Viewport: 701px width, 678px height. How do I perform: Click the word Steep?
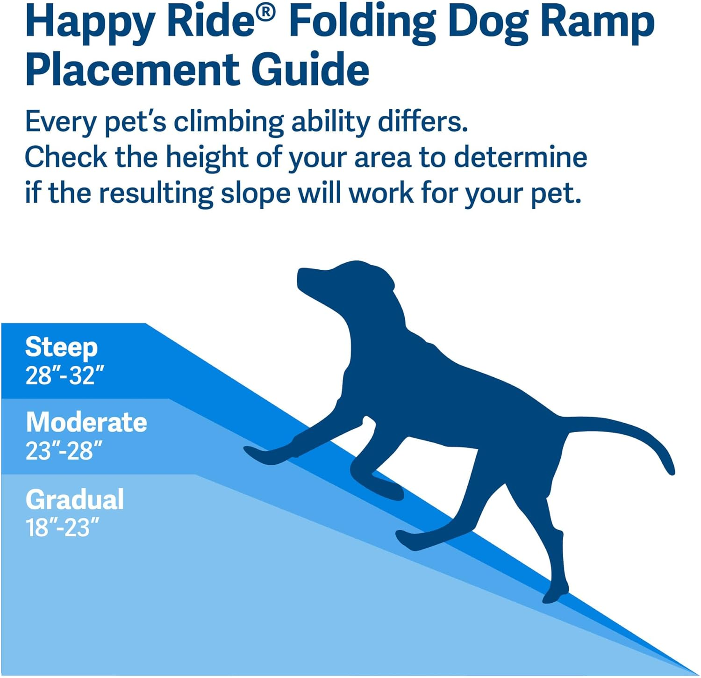click(x=61, y=347)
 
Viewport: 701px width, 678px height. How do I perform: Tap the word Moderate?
click(x=86, y=422)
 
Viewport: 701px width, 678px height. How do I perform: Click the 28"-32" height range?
click(x=64, y=375)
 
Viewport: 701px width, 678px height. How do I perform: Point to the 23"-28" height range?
click(x=64, y=451)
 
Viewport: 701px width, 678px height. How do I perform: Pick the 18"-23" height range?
click(x=63, y=527)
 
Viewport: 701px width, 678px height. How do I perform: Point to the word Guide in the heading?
click(x=310, y=70)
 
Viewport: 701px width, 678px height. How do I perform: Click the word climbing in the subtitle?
click(x=229, y=123)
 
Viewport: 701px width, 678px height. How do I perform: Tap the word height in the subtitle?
click(x=207, y=158)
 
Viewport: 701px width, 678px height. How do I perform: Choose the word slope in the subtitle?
click(x=255, y=193)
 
